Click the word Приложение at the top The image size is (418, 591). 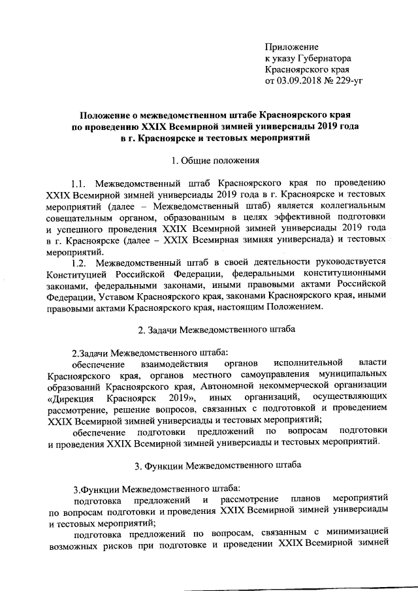291,47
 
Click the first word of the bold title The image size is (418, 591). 113,113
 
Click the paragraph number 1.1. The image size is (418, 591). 85,183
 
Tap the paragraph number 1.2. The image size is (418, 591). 84,263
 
